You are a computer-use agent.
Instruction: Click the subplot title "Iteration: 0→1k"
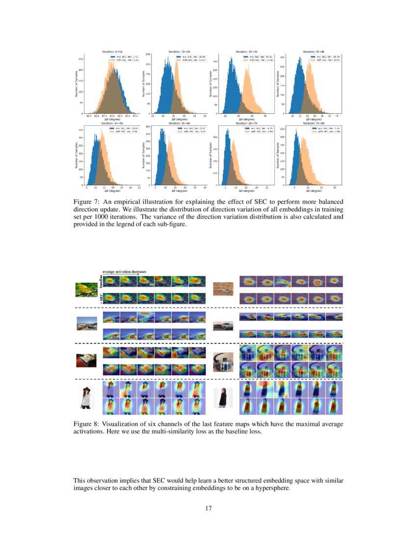[x=112, y=51]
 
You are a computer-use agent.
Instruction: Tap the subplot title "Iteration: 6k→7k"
[x=246, y=123]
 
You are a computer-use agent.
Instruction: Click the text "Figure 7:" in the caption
[x=86, y=202]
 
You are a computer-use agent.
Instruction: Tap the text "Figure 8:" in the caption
[x=86, y=423]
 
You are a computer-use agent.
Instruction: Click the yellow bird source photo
[x=87, y=289]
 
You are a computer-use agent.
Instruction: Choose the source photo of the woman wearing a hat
[x=87, y=398]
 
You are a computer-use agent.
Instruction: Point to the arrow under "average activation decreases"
[x=120, y=274]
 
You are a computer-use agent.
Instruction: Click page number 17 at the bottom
[x=208, y=508]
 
